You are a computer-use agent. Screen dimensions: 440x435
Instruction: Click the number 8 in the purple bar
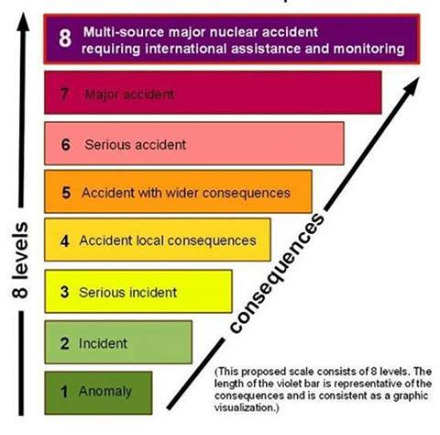click(65, 39)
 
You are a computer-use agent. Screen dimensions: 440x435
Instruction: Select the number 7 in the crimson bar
click(64, 94)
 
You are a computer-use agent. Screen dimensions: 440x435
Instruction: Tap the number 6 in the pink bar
click(66, 145)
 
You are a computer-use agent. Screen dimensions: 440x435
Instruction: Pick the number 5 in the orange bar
click(66, 193)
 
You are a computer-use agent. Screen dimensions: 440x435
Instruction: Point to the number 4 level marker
click(65, 240)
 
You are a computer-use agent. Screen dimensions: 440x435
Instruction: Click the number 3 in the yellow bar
click(65, 292)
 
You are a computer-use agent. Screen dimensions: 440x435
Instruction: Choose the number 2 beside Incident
click(65, 343)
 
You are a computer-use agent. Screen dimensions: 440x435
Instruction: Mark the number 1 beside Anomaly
click(64, 392)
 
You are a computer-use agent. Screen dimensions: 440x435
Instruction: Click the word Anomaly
click(105, 392)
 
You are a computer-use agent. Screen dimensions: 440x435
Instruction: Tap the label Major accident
click(129, 95)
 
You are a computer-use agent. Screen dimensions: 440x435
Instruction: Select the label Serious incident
click(128, 292)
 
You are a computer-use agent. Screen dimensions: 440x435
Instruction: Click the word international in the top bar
click(188, 49)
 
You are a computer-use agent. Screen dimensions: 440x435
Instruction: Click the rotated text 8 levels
click(20, 260)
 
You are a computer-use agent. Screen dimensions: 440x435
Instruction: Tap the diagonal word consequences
click(277, 273)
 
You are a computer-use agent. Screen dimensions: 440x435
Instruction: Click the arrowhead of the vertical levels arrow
click(23, 21)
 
